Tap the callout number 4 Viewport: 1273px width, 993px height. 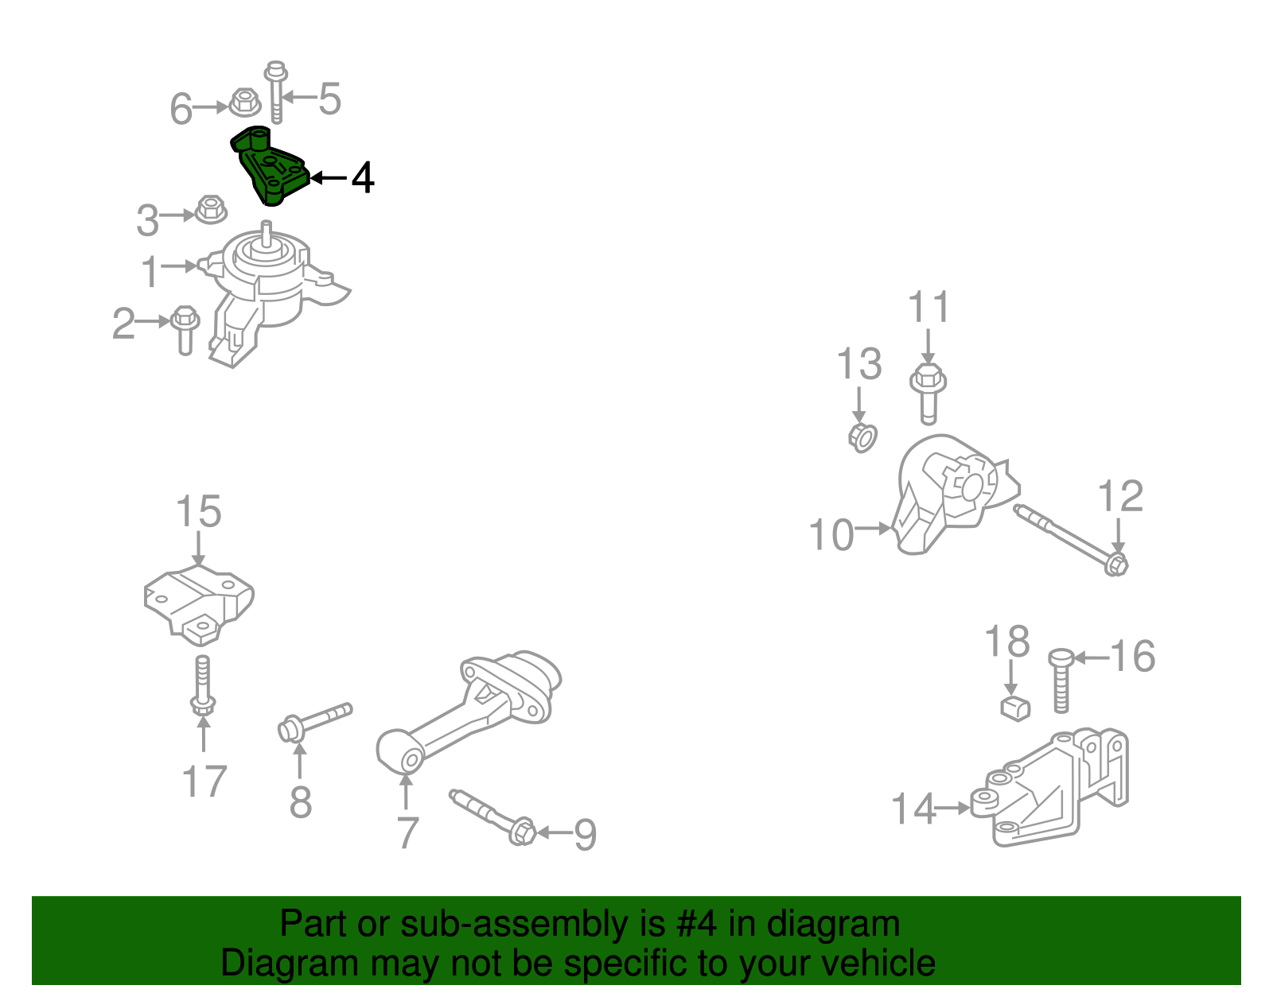(x=362, y=178)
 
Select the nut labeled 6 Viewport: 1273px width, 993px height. (x=245, y=103)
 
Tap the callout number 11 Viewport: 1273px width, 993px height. (x=928, y=307)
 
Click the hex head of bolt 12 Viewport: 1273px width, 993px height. (x=1116, y=565)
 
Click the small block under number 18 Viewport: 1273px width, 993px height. (x=1014, y=708)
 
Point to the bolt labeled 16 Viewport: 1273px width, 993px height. (x=1061, y=681)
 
